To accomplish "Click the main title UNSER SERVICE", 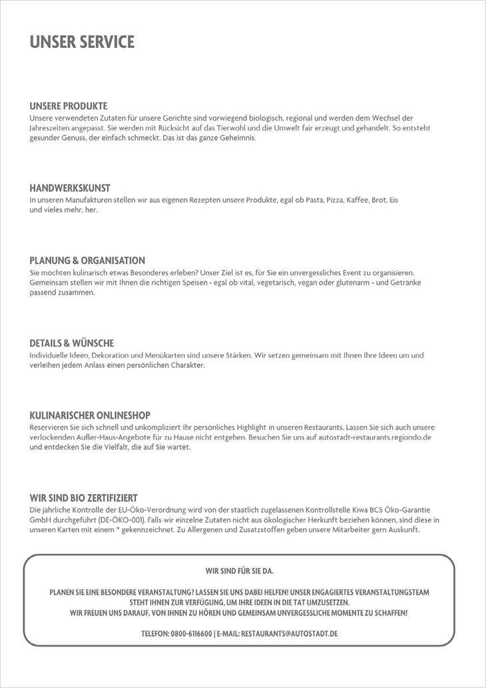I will tap(82, 42).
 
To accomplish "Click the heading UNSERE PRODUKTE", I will tap(68, 106).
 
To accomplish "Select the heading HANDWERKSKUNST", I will tap(69, 188).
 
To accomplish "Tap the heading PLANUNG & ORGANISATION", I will tap(87, 261).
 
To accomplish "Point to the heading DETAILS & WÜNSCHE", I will tap(71, 343).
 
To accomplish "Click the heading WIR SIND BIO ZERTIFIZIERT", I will tap(83, 498).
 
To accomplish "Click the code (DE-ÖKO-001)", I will tap(119, 520).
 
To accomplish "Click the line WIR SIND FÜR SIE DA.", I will tap(240, 571).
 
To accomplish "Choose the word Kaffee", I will tap(358, 200).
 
